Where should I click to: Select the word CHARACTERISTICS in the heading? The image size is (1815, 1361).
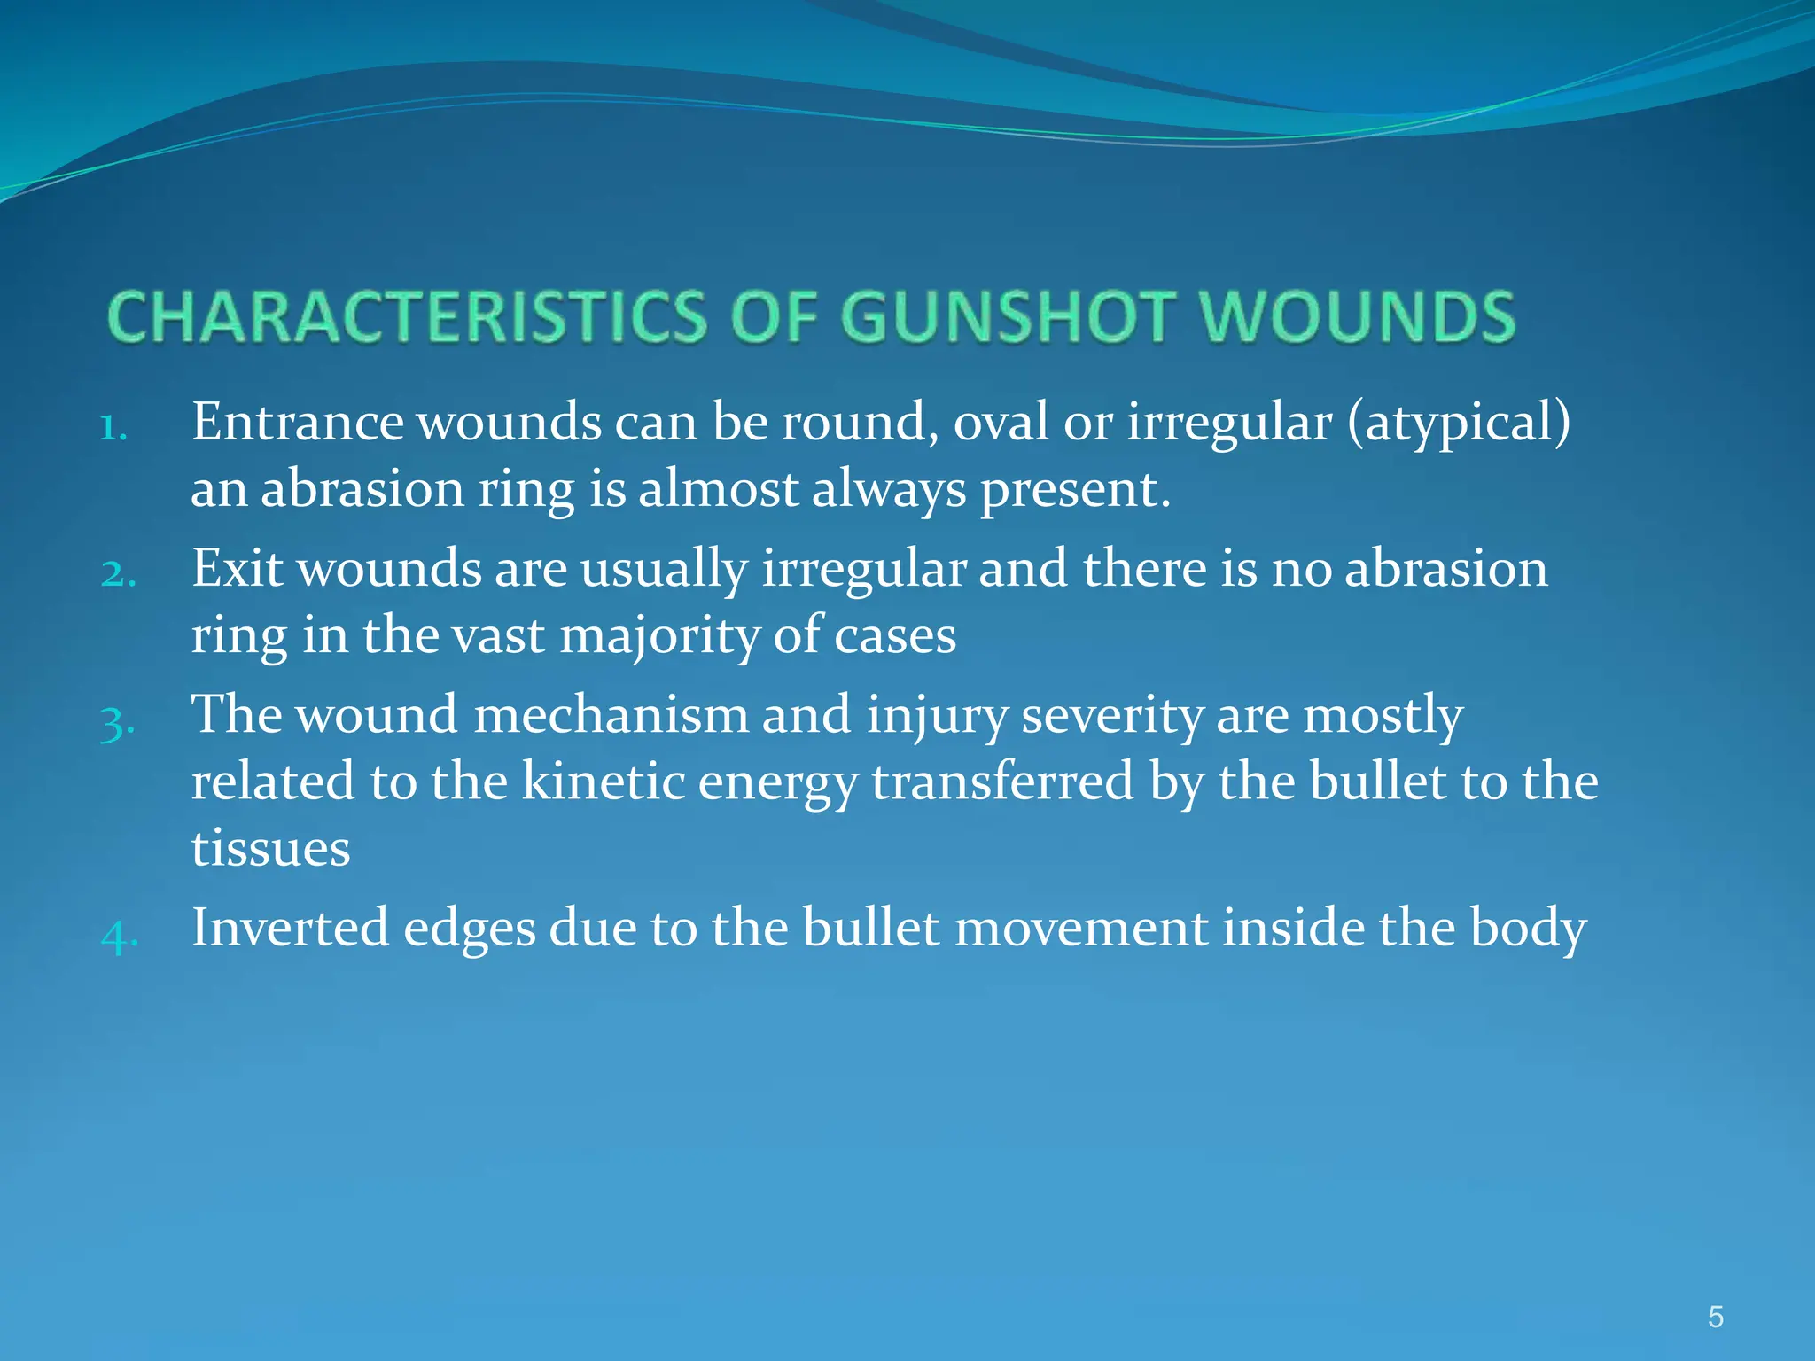(407, 317)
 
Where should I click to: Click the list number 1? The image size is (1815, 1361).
(113, 428)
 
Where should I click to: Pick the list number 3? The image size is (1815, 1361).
(117, 722)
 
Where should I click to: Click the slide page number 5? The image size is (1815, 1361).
(1715, 1318)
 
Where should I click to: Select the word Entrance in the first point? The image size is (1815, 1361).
(297, 422)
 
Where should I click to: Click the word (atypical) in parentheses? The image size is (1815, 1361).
(1458, 424)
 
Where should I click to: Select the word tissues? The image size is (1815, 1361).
(270, 849)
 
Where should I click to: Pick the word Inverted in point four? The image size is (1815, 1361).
(290, 928)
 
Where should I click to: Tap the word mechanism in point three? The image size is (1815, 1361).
(611, 715)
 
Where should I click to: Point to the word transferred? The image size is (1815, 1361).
(1002, 782)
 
